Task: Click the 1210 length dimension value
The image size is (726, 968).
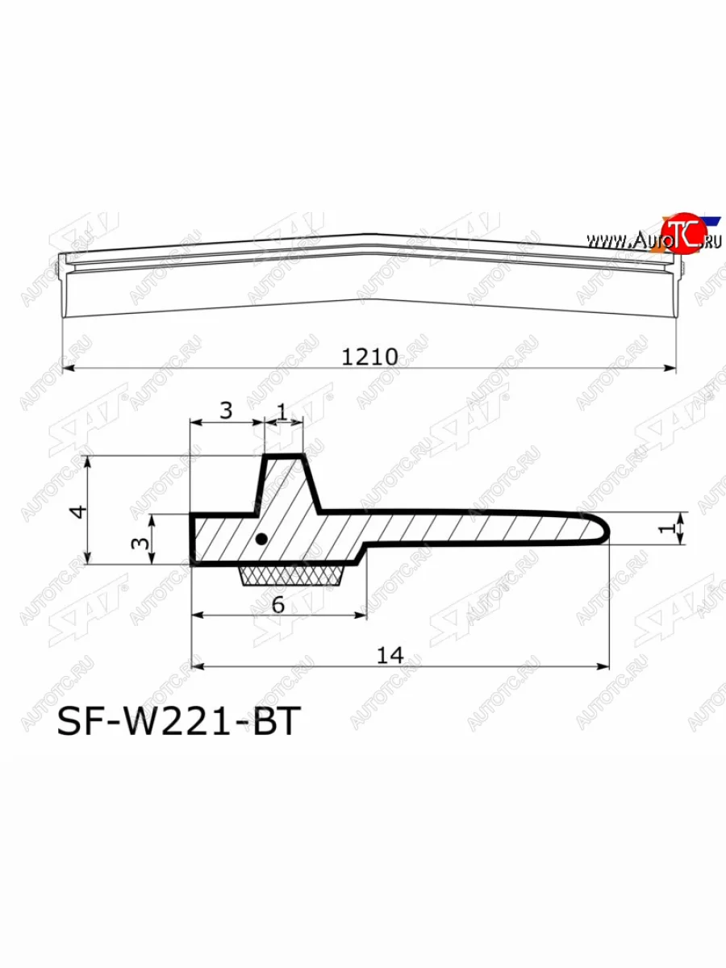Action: (x=369, y=356)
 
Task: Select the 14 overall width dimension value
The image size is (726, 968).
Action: (x=390, y=655)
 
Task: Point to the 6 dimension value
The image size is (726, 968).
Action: (x=277, y=604)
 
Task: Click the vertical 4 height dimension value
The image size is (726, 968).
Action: (x=77, y=511)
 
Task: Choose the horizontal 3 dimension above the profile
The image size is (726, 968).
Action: (x=226, y=411)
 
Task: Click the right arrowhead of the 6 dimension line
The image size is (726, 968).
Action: (x=362, y=616)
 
